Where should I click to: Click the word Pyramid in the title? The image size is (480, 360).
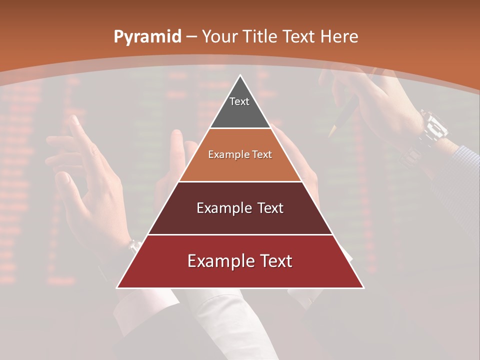pos(147,37)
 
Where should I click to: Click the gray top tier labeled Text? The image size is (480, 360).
pos(240,107)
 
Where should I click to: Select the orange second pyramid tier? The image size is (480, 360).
pos(240,155)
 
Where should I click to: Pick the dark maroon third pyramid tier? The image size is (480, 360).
pos(240,208)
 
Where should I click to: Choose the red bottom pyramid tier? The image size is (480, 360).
pos(240,261)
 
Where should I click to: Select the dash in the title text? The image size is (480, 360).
pos(191,37)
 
